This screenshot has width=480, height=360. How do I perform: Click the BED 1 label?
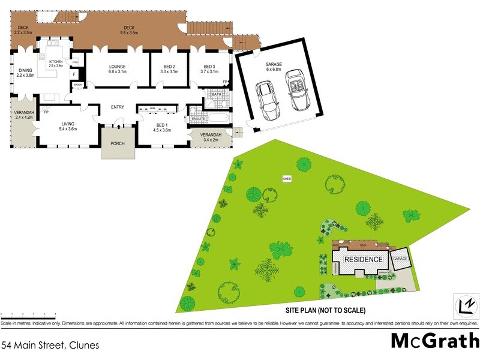162,124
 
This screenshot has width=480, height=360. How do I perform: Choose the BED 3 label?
209,67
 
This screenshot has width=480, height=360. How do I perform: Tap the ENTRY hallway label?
117,107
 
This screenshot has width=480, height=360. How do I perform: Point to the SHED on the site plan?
287,178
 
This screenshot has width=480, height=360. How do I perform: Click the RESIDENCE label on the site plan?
363,260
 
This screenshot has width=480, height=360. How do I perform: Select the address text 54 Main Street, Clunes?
50,346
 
